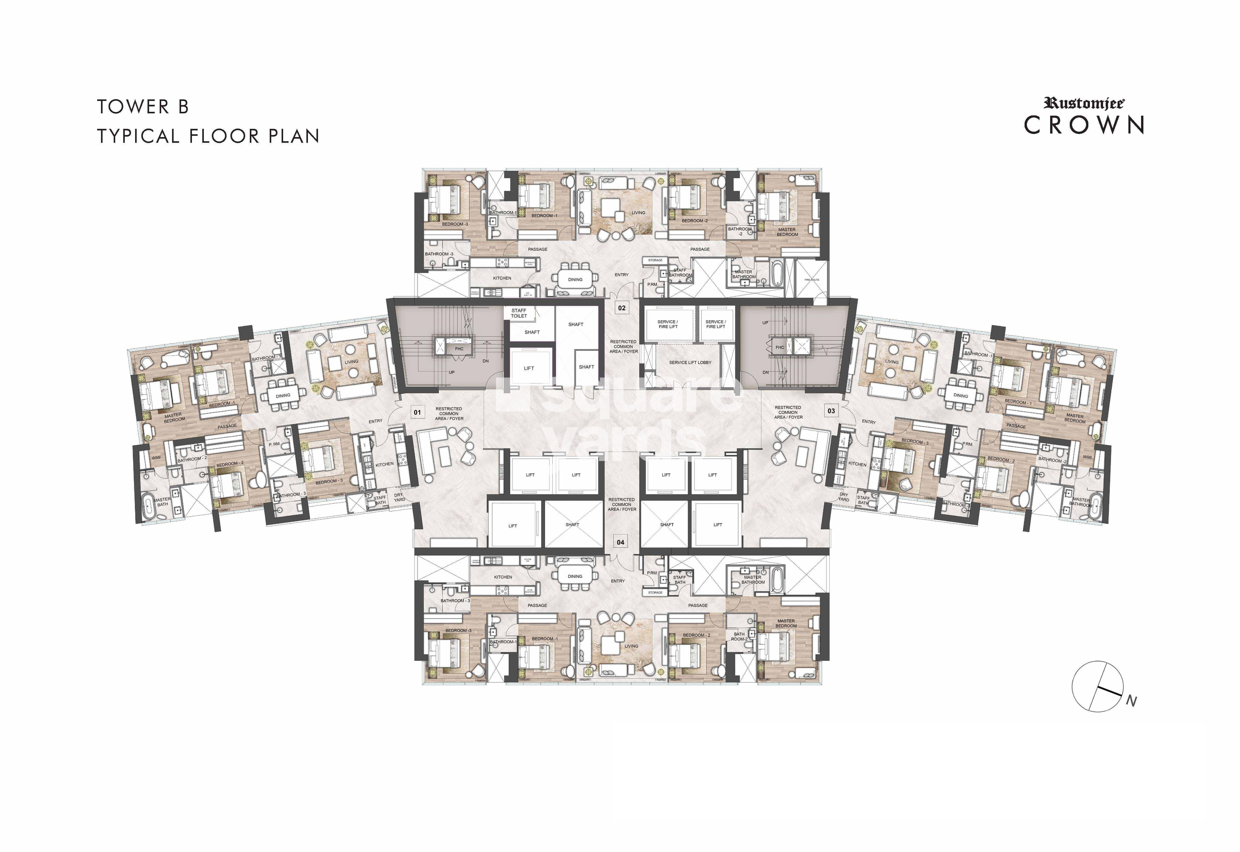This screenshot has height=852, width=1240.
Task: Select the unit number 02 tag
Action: coord(622,308)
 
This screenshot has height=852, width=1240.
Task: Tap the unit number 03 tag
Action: coord(831,411)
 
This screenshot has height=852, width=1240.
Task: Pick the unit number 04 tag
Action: coord(621,542)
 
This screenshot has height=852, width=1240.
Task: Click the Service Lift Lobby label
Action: coord(690,362)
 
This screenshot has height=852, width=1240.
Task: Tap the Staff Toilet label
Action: coord(518,313)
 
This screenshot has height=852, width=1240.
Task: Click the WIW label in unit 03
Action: coord(1087,457)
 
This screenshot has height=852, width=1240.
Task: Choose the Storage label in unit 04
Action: coord(655,593)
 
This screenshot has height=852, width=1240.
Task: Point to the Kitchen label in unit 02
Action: coord(502,278)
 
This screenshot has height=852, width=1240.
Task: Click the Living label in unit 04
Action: coord(631,646)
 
